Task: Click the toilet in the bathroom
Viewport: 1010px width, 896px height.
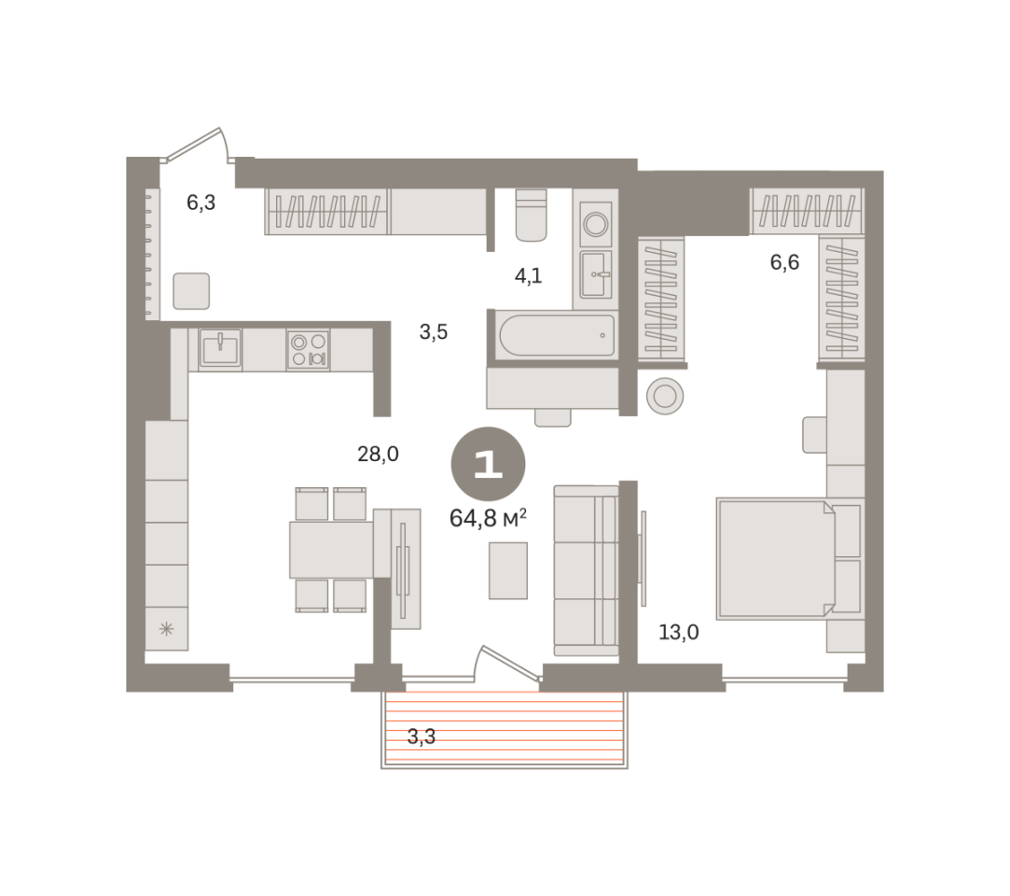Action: click(x=532, y=215)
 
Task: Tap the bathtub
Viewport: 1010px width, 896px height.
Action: click(x=557, y=335)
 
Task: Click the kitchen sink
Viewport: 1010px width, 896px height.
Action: click(x=220, y=349)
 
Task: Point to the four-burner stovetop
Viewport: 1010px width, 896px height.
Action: click(x=308, y=349)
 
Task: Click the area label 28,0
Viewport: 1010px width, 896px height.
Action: click(x=378, y=455)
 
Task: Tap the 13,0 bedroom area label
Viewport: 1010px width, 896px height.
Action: click(x=678, y=633)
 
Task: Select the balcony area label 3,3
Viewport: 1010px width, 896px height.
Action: click(x=422, y=736)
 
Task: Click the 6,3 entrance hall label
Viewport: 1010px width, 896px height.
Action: click(x=201, y=203)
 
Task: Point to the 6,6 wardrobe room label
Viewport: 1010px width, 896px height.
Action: click(x=784, y=262)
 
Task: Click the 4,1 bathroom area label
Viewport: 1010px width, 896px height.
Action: click(x=528, y=276)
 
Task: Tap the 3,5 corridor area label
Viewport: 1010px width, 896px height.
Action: click(x=434, y=332)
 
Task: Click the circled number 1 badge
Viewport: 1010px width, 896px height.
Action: click(x=489, y=464)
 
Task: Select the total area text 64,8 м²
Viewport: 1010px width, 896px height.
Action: click(x=488, y=518)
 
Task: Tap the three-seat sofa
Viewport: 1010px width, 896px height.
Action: click(x=587, y=570)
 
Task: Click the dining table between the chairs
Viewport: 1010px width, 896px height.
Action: click(x=332, y=550)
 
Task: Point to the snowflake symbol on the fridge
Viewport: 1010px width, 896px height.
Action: click(x=166, y=628)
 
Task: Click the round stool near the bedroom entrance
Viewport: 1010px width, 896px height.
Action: click(x=665, y=396)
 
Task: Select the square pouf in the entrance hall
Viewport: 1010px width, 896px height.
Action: click(x=191, y=290)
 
